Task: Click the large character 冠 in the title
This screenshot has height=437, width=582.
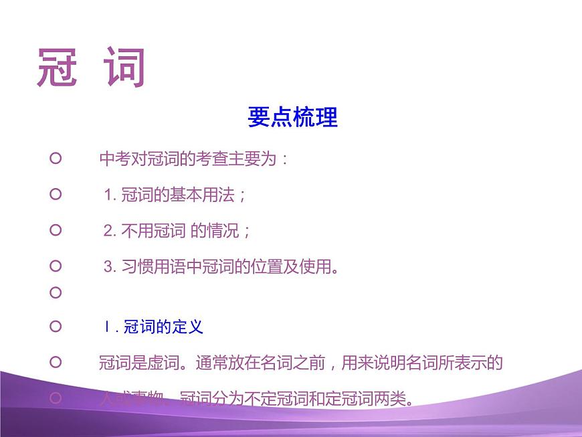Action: click(x=58, y=68)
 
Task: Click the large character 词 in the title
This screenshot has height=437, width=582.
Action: click(x=125, y=68)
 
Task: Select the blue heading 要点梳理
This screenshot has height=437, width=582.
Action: click(x=292, y=117)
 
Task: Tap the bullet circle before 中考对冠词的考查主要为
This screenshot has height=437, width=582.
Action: click(x=56, y=159)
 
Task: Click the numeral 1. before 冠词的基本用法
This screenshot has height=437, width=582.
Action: click(x=110, y=195)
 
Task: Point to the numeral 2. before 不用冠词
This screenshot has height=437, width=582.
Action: click(x=110, y=232)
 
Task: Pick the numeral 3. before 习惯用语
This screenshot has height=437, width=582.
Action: click(x=110, y=268)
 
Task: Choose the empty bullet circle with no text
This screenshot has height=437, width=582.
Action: click(x=56, y=293)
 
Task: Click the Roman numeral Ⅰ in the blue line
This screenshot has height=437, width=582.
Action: click(x=106, y=327)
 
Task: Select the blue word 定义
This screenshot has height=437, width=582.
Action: click(x=187, y=327)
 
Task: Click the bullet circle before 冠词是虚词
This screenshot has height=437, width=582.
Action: click(x=56, y=362)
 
